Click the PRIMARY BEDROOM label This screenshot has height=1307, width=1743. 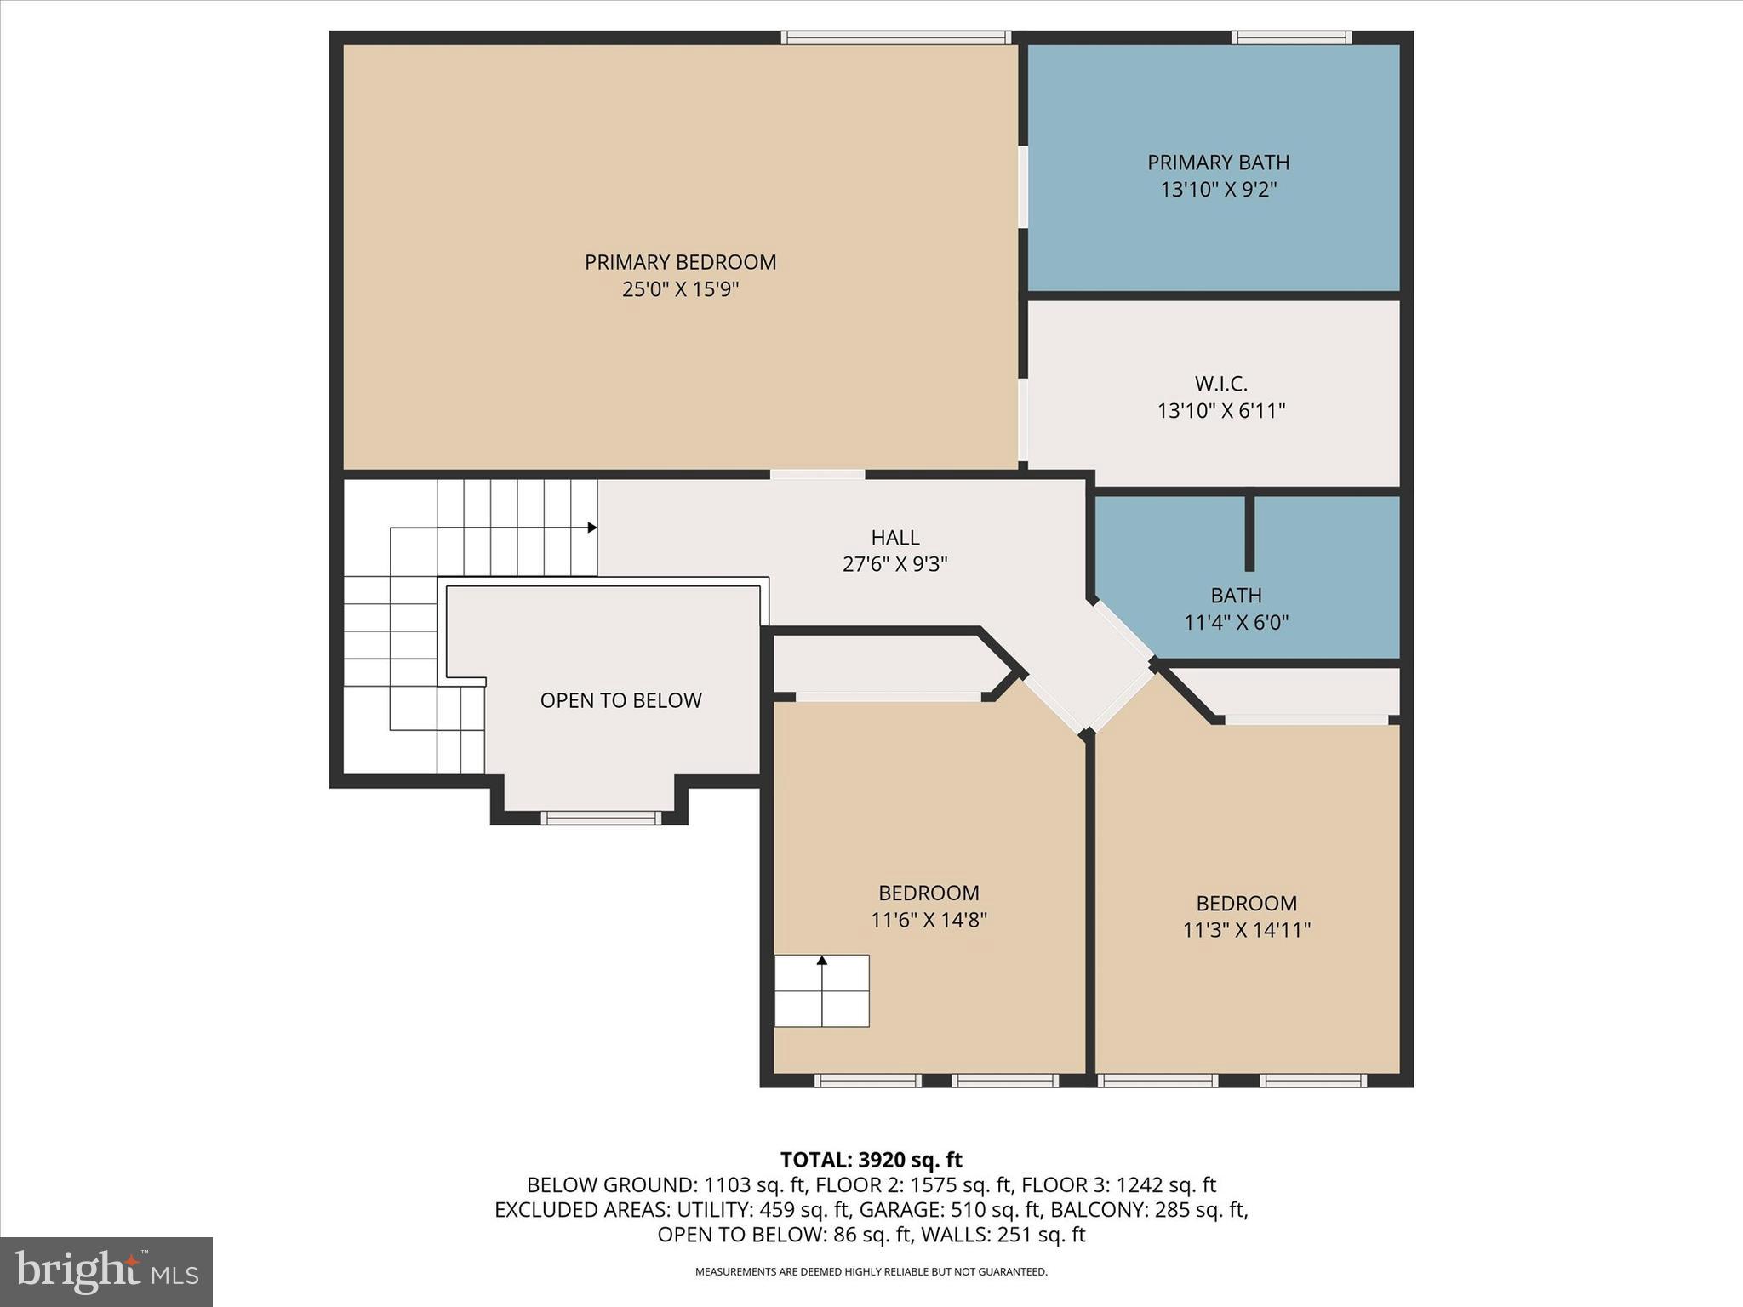680,262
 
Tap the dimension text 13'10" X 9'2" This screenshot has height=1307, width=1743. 1219,189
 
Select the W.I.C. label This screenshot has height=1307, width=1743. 1220,384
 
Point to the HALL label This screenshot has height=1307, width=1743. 894,537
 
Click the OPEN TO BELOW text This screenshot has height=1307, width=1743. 620,700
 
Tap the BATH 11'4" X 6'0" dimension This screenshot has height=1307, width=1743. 1236,623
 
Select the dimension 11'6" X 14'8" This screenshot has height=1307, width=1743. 929,920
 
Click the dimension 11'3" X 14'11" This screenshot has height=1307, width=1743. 1246,930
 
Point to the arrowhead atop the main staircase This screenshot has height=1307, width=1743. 592,528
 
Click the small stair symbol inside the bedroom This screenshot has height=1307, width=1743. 821,991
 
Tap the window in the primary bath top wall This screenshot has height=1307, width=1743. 1291,37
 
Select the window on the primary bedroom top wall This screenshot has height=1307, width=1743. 895,37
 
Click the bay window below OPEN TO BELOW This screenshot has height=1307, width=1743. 601,819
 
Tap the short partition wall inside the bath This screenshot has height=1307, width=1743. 1249,533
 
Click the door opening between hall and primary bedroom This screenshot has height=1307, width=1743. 817,474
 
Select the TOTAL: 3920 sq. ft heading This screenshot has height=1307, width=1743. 871,1160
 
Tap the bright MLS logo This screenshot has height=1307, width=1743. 106,1271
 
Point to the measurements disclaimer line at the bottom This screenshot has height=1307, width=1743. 871,1272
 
